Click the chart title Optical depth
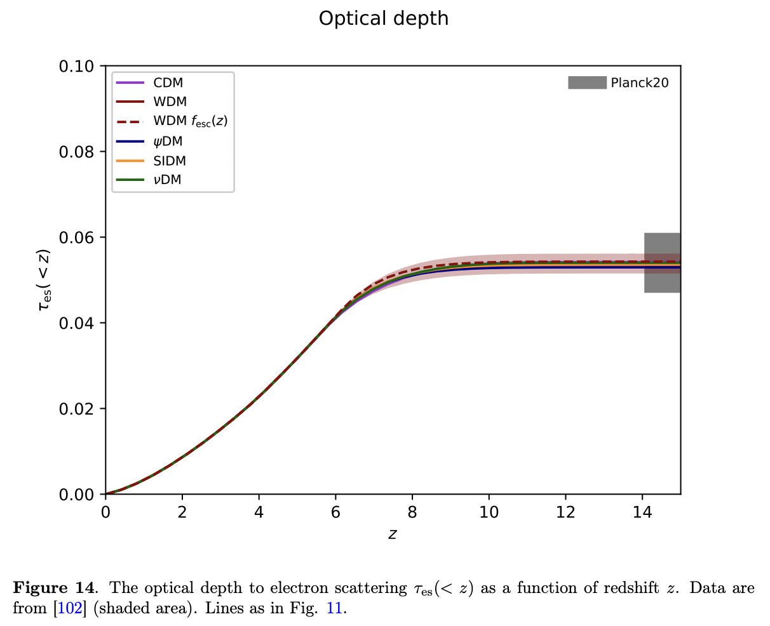click(x=383, y=18)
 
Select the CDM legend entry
click(x=168, y=83)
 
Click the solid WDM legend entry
click(x=170, y=102)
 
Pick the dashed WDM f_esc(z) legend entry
click(x=190, y=121)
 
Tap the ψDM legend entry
click(x=168, y=142)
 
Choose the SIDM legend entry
click(x=170, y=161)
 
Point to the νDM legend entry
click(x=167, y=180)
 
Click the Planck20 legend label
click(x=639, y=83)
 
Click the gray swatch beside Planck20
click(x=587, y=83)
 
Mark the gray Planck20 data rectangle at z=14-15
click(x=663, y=262)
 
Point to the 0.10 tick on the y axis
click(x=77, y=67)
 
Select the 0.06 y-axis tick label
click(x=77, y=237)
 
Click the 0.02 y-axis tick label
click(x=77, y=409)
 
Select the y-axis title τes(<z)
click(x=44, y=280)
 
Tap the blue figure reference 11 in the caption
click(x=334, y=608)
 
